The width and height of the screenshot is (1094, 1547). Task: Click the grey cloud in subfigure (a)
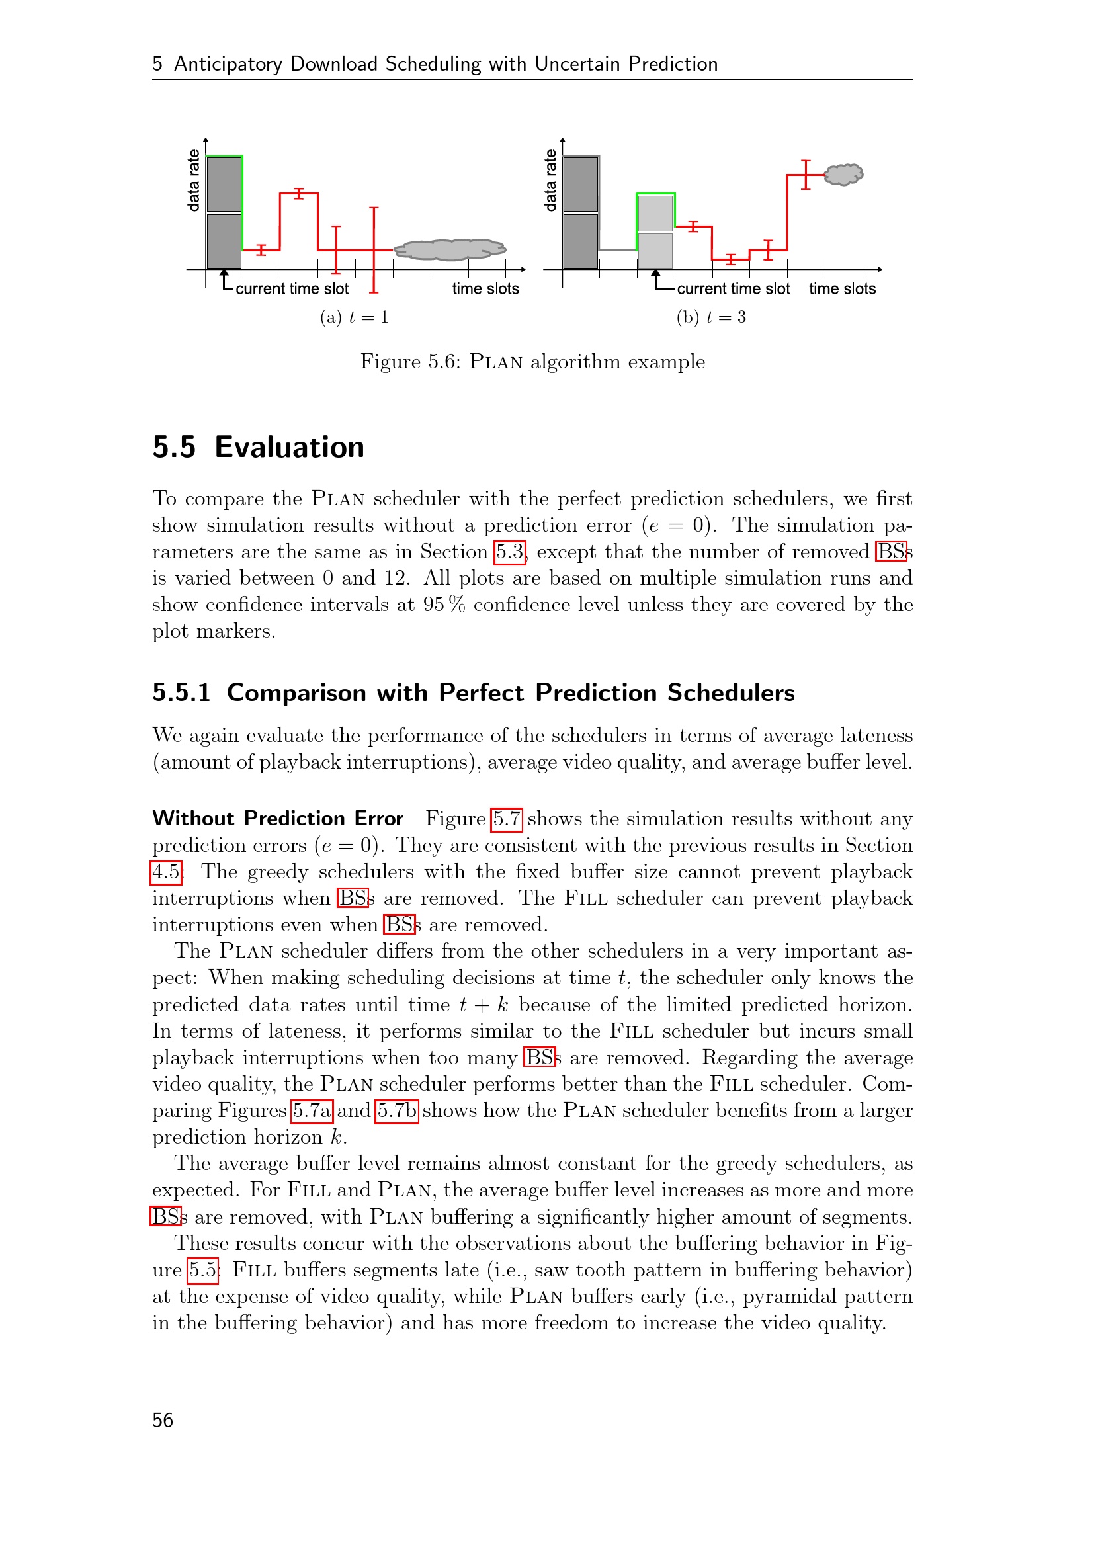[x=449, y=249]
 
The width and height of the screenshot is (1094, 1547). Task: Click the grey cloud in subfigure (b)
[x=843, y=175]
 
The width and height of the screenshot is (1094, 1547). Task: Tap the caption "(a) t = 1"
[x=355, y=317]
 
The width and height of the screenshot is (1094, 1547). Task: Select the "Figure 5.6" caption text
[x=532, y=362]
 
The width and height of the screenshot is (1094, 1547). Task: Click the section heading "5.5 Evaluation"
[x=258, y=447]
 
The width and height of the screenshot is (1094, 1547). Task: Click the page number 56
[x=162, y=1419]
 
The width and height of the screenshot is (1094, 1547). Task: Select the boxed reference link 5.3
[x=509, y=552]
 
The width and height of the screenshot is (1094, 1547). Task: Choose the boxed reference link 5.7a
[x=312, y=1110]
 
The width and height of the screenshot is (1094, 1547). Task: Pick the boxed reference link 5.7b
[x=397, y=1110]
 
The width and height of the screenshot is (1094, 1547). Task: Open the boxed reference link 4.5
[x=166, y=872]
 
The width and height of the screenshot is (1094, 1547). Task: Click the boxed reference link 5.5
[x=203, y=1270]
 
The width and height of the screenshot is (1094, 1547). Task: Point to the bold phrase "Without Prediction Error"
[x=278, y=819]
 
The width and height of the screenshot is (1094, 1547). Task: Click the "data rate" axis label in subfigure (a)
[x=194, y=181]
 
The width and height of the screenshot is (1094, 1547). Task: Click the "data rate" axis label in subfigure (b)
[x=550, y=181]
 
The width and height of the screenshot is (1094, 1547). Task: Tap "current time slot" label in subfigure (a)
[x=292, y=289]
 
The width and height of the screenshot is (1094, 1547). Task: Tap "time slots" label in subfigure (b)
[x=842, y=289]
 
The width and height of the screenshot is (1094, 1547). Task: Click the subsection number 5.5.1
[x=181, y=692]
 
